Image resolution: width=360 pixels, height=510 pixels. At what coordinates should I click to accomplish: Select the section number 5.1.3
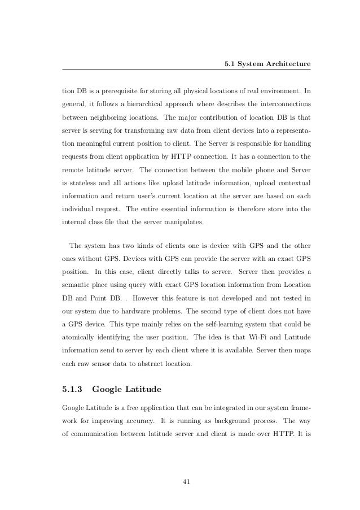coord(72,388)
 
